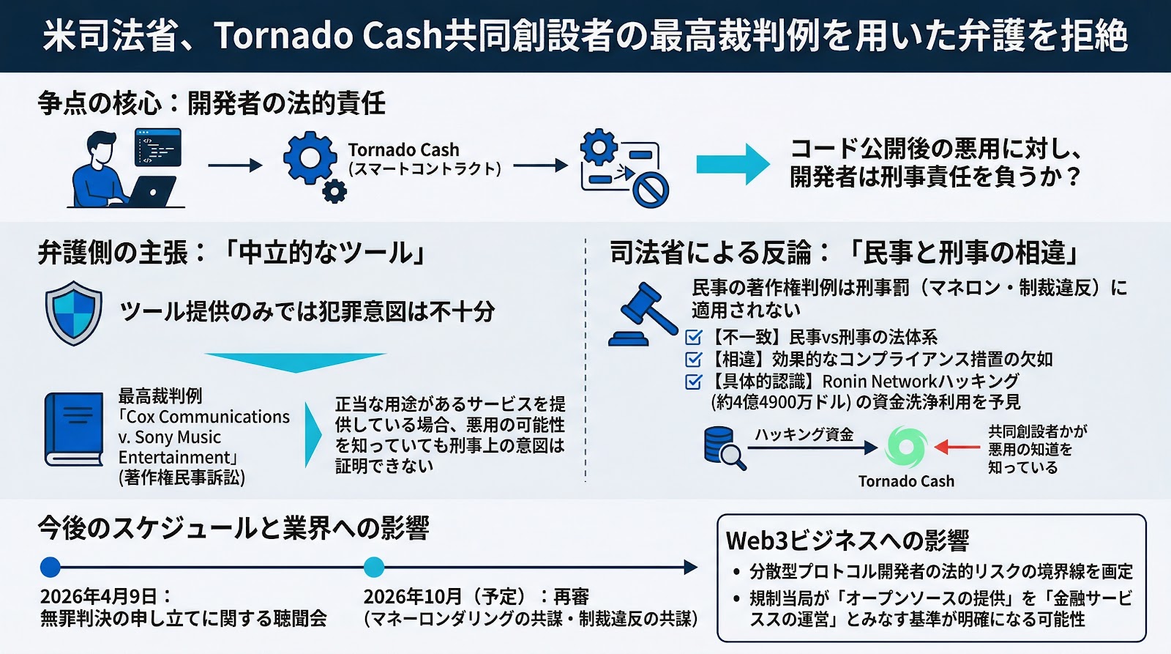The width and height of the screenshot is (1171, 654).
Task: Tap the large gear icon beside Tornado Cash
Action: point(310,157)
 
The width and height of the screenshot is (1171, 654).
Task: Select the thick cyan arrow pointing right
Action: point(732,164)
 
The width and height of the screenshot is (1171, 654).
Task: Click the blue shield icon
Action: point(73,313)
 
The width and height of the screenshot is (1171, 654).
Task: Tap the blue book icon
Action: point(73,430)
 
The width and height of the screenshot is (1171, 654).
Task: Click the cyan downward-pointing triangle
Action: point(295,362)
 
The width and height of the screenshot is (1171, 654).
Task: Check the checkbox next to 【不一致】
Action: point(693,338)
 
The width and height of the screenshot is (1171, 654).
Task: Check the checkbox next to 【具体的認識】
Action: point(693,382)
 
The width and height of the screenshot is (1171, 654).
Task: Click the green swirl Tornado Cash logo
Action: point(906,447)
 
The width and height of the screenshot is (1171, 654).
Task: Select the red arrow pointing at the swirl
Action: point(957,447)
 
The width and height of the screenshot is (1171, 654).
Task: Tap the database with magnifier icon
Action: point(723,447)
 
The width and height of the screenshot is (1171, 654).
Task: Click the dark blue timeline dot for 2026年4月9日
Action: point(50,567)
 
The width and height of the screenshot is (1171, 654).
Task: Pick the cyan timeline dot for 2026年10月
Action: point(373,567)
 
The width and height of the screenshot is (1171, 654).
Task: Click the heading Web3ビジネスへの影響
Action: point(847,540)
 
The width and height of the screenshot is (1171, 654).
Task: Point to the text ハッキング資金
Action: point(804,434)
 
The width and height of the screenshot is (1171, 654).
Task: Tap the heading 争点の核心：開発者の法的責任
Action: point(212,103)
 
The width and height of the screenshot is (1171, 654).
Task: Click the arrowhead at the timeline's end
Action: point(690,567)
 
